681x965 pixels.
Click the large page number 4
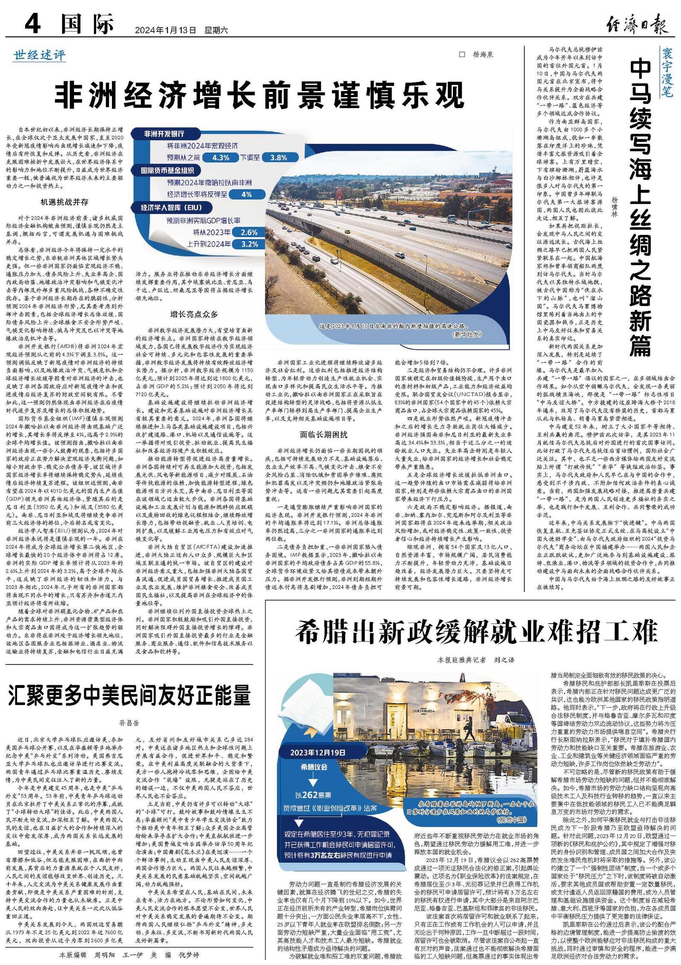click(x=33, y=24)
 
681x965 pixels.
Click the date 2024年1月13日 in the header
click(x=166, y=30)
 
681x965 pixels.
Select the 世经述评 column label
click(x=40, y=55)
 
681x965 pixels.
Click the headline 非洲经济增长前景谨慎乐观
click(x=259, y=96)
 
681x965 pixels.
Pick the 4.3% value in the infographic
click(x=221, y=157)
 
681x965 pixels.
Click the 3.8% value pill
click(x=278, y=157)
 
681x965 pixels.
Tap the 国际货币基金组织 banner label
click(x=168, y=170)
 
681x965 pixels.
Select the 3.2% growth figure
click(x=249, y=244)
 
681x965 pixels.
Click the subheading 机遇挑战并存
click(x=65, y=202)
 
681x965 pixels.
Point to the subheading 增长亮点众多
click(x=194, y=314)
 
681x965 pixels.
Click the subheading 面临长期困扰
click(x=323, y=435)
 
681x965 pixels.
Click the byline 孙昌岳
click(x=129, y=723)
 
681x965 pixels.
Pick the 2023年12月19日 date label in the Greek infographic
click(x=318, y=752)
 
